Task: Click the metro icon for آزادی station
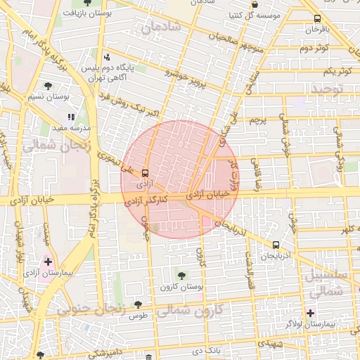[x=146, y=172]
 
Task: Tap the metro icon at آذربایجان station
[x=275, y=245]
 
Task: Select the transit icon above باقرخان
[x=317, y=19]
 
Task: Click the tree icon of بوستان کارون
[x=182, y=275]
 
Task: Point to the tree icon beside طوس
[x=137, y=304]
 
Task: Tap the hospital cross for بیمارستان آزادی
[x=48, y=261]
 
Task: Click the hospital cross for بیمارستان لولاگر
[x=310, y=312]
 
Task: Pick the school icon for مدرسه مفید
[x=70, y=117]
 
